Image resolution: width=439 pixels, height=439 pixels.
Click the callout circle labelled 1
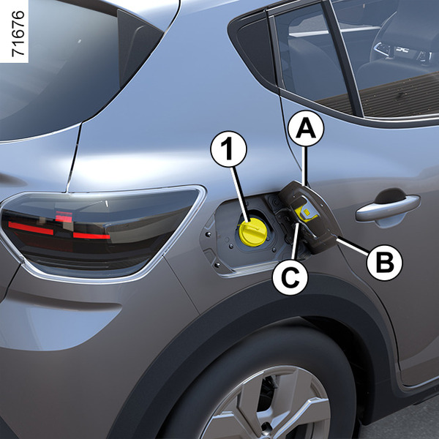[229, 149]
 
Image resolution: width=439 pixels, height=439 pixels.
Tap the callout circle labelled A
[306, 129]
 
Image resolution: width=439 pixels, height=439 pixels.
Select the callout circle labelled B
[384, 263]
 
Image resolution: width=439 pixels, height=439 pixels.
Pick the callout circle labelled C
[290, 277]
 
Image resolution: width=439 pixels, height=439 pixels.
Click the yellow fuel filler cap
[252, 232]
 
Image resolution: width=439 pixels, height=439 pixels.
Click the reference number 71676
[18, 34]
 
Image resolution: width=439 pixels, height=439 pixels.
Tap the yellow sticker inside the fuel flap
[306, 214]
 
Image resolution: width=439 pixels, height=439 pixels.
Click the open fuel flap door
[309, 217]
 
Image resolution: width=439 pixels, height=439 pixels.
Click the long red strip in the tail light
[31, 228]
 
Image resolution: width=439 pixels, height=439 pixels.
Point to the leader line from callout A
[306, 166]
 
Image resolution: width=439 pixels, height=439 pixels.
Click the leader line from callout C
[296, 241]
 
